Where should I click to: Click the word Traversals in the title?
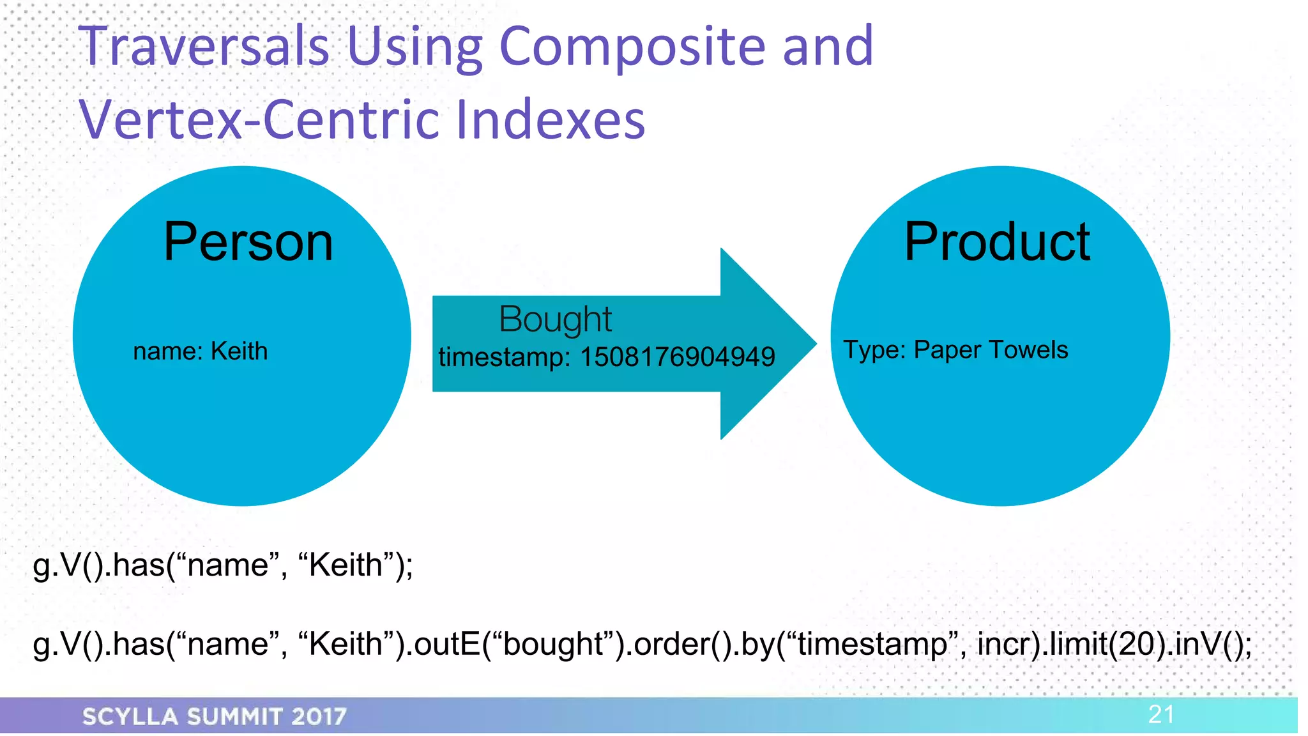[203, 46]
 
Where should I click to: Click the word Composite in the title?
[632, 46]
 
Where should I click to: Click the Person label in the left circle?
[248, 242]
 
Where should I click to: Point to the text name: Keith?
[200, 351]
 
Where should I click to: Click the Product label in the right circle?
[997, 242]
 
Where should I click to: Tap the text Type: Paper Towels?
[955, 350]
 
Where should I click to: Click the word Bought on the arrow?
[555, 319]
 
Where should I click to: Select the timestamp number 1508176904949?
[677, 357]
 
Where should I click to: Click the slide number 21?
[1160, 714]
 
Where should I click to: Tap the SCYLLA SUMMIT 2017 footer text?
[215, 716]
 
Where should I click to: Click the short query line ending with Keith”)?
[223, 565]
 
